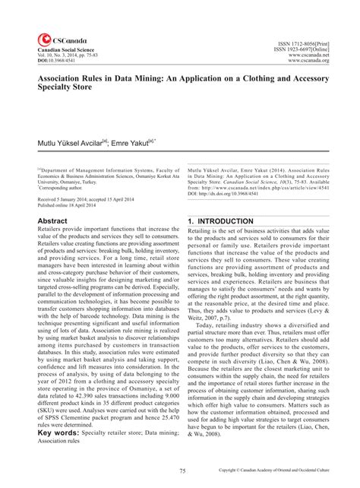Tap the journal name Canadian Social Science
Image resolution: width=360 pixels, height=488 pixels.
pyautogui.click(x=55, y=49)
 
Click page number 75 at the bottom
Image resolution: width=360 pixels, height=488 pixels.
pyautogui.click(x=179, y=472)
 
